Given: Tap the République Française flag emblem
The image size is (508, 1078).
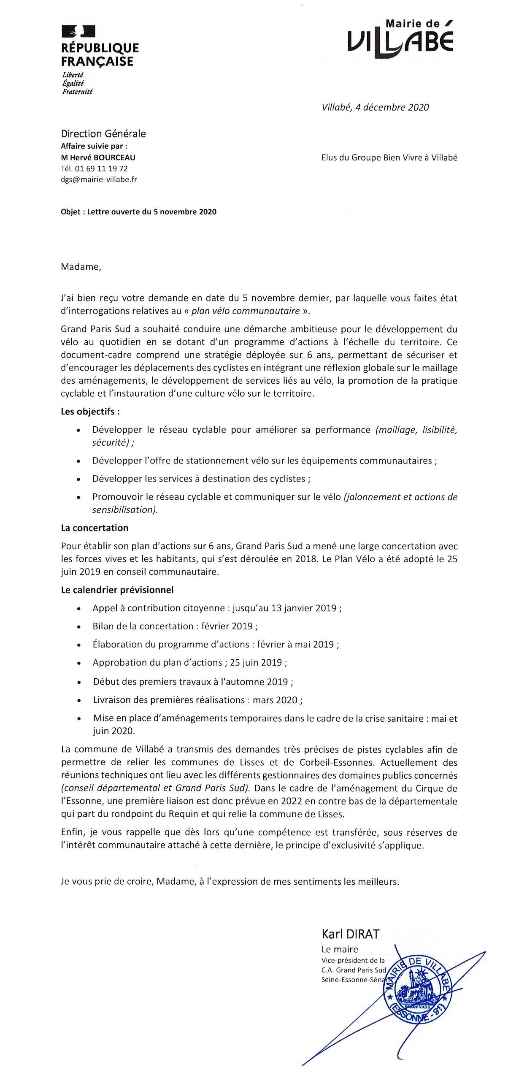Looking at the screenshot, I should pyautogui.click(x=78, y=31).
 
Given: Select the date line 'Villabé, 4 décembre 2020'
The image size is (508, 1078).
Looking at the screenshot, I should pyautogui.click(x=375, y=107).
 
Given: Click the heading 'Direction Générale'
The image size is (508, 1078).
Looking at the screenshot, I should pyautogui.click(x=103, y=134).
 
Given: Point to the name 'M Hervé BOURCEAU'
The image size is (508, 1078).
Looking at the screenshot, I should pyautogui.click(x=98, y=157).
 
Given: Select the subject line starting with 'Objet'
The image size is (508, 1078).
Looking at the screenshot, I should pyautogui.click(x=138, y=212).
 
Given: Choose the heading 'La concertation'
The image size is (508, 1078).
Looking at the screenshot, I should pyautogui.click(x=95, y=528).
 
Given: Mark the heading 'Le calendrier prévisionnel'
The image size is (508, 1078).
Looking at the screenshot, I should pyautogui.click(x=117, y=590).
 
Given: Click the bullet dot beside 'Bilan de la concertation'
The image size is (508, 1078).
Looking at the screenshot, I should pyautogui.click(x=78, y=627).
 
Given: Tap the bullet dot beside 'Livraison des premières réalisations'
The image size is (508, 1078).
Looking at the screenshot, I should pyautogui.click(x=79, y=700).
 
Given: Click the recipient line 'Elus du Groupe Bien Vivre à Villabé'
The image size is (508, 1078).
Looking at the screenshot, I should pyautogui.click(x=389, y=158).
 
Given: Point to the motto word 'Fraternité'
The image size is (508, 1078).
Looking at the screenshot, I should pyautogui.click(x=77, y=91).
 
